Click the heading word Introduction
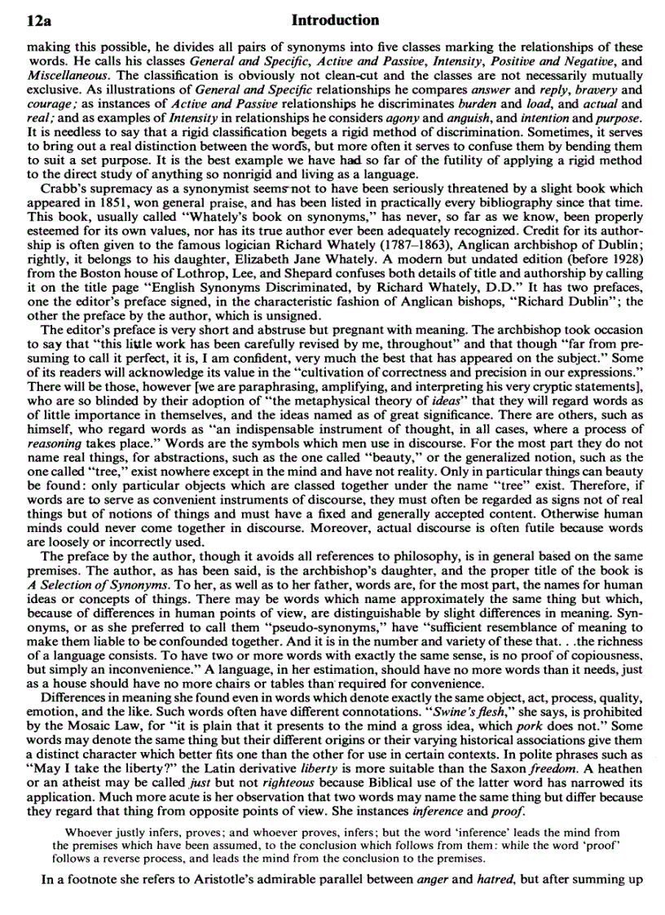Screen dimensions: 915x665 [335, 20]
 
